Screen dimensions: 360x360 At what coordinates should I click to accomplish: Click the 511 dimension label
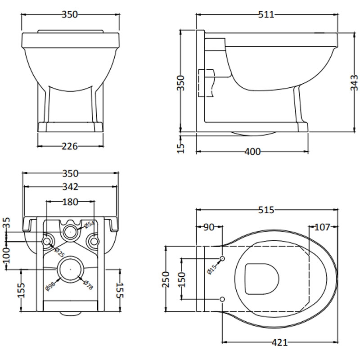[x=266, y=14]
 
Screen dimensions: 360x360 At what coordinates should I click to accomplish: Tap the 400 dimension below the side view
[x=252, y=152]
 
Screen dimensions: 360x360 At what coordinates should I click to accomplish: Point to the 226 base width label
[x=70, y=146]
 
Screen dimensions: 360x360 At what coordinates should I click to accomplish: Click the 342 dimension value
[x=71, y=187]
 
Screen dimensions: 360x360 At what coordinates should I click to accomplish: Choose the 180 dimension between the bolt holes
[x=70, y=202]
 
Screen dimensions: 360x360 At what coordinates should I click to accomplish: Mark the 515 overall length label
[x=266, y=210]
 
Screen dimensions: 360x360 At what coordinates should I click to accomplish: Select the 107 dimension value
[x=322, y=227]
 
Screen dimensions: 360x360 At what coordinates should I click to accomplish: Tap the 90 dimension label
[x=209, y=227]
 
